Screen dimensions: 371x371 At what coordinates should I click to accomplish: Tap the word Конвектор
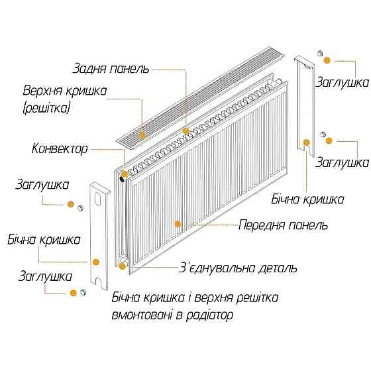coord(59,149)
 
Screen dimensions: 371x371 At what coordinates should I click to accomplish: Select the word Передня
coord(264,225)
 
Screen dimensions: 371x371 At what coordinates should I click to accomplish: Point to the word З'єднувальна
coord(222,268)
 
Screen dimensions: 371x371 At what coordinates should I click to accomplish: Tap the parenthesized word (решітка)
coord(46,106)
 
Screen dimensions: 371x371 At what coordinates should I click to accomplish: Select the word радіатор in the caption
coord(208,315)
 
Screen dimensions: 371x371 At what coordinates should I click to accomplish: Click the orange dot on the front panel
coord(177,223)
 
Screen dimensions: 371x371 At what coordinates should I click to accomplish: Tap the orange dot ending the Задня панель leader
coord(186,131)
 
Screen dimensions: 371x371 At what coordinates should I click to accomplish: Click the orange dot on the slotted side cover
coord(96,262)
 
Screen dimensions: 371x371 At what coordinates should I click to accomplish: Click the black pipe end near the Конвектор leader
coord(122,177)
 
